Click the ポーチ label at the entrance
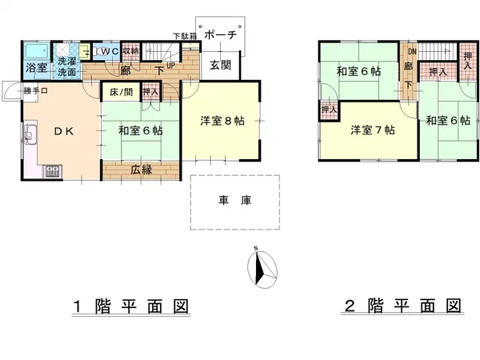(x=220, y=35)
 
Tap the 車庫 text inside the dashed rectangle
(x=235, y=201)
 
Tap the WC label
(x=110, y=51)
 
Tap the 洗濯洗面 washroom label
(x=66, y=67)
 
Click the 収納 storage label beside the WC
(x=131, y=51)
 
